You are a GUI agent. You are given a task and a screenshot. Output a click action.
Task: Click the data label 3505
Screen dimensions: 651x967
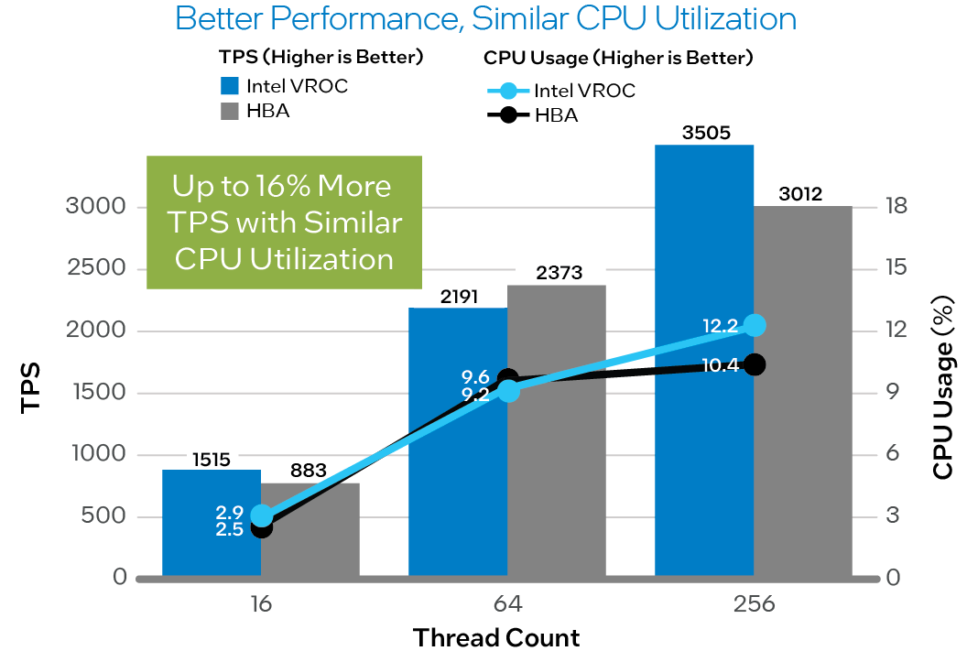(x=705, y=133)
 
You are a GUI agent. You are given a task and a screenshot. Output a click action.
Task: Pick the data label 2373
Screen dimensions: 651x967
(x=559, y=273)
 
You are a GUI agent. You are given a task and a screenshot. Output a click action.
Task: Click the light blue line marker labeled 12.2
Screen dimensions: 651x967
(x=755, y=325)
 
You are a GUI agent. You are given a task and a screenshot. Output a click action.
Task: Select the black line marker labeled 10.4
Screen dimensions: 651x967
(x=755, y=364)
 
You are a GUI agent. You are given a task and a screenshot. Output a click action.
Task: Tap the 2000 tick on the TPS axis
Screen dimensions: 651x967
(x=95, y=331)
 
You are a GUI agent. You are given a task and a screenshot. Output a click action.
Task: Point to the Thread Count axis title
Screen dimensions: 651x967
(x=495, y=637)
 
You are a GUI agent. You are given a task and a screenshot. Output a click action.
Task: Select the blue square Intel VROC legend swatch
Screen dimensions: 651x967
(x=229, y=87)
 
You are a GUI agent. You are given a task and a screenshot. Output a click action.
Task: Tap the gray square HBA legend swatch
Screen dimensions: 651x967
(x=229, y=112)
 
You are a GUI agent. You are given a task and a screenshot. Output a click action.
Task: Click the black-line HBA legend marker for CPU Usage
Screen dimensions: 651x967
(x=509, y=116)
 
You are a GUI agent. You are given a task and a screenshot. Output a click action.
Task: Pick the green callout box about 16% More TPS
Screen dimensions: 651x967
(x=284, y=222)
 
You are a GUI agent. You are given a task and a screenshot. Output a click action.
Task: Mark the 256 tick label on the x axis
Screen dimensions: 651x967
(x=754, y=605)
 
